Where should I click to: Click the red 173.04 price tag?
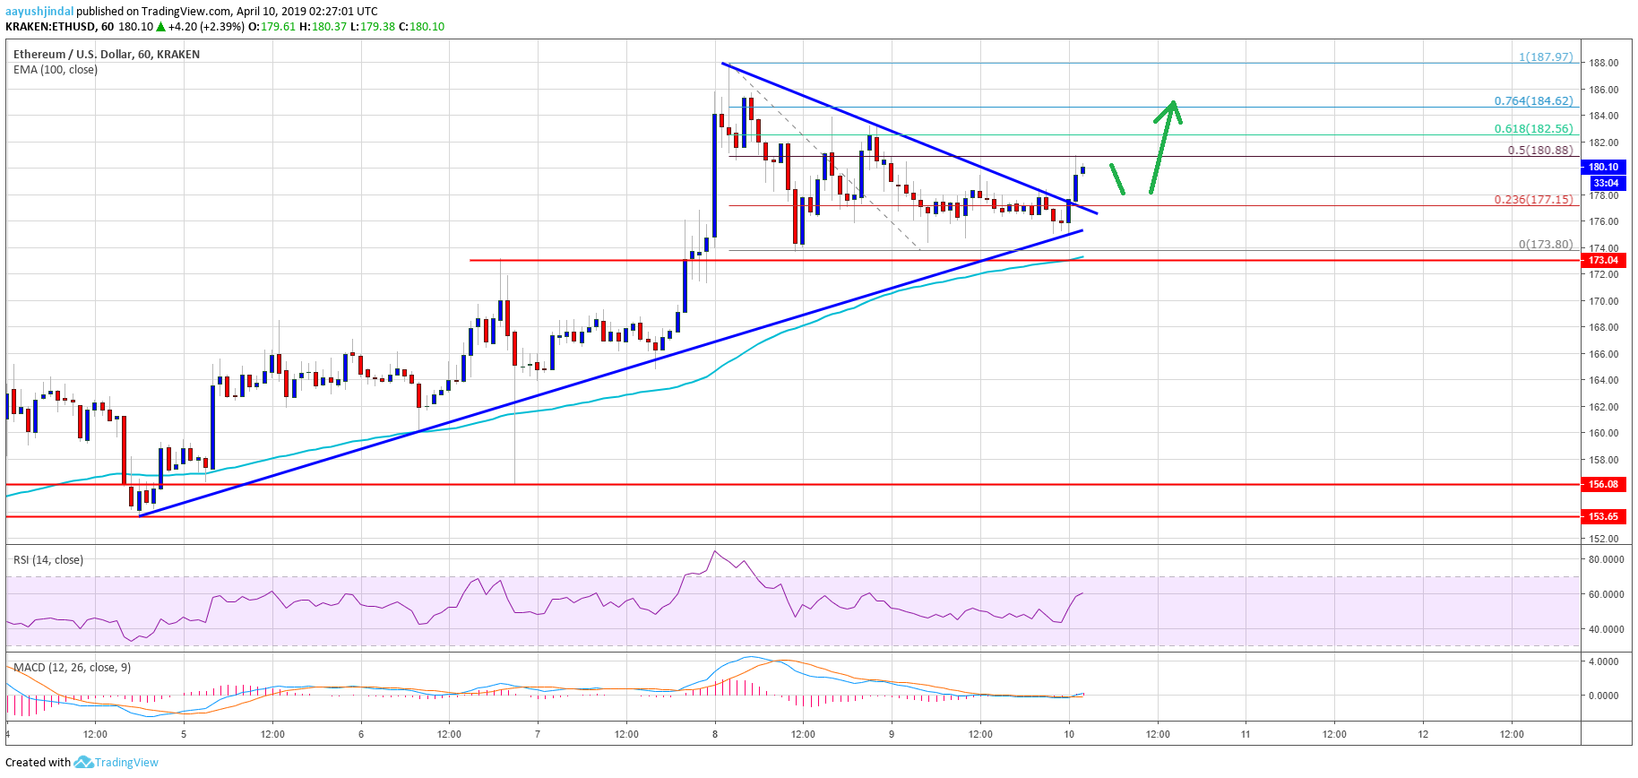point(1603,260)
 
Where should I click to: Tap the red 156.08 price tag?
point(1603,484)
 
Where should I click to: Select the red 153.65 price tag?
point(1603,516)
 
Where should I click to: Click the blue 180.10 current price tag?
point(1603,167)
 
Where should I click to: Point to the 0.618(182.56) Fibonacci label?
point(1533,129)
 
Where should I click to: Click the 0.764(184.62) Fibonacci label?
point(1533,101)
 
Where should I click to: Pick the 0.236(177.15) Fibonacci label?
point(1533,199)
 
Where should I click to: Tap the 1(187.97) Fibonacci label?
point(1546,56)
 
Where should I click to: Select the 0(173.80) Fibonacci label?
point(1546,244)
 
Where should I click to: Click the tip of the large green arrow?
point(1173,101)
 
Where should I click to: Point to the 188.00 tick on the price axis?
point(1603,63)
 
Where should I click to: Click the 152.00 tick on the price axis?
point(1603,539)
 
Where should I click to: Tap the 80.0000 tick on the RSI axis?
point(1606,559)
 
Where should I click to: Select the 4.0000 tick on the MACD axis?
point(1603,661)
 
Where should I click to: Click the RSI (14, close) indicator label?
point(48,560)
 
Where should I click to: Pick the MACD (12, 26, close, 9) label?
point(72,668)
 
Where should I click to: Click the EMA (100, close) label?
point(56,70)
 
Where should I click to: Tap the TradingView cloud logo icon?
point(83,762)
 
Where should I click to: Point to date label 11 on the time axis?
point(1246,734)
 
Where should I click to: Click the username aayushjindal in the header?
point(39,12)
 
